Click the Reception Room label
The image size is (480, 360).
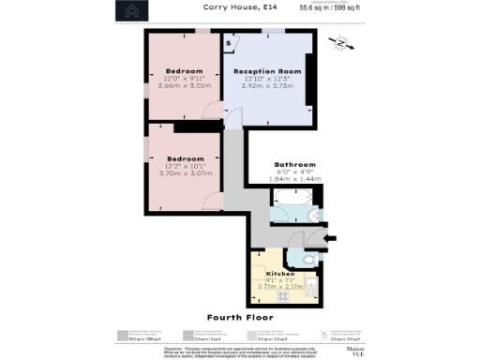tap(267, 71)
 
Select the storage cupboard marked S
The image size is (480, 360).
tap(231, 42)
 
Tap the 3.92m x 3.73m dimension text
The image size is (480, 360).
tap(267, 86)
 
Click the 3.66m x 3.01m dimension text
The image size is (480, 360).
tap(185, 86)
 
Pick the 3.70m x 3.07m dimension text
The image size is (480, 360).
tap(185, 173)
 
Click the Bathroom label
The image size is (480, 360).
tap(294, 165)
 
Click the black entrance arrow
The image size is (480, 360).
tap(329, 239)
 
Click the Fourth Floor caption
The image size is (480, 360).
tap(240, 318)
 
